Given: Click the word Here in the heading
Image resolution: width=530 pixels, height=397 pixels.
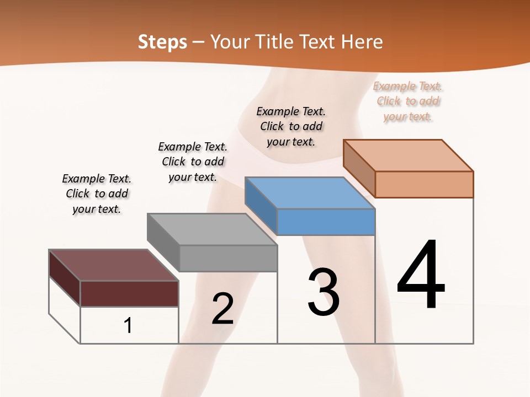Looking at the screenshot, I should (x=362, y=42).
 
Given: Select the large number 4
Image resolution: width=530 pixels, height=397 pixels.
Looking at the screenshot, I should (x=421, y=276).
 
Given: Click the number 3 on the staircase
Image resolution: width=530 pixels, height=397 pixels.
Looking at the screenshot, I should (x=324, y=292).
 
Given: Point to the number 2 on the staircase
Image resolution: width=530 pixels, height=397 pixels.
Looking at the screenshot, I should (x=222, y=309).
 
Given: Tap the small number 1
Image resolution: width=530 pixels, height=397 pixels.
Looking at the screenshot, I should (x=128, y=325).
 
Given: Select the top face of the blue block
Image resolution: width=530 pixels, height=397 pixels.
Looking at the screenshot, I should (x=310, y=193).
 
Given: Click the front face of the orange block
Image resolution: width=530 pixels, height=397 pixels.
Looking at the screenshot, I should (x=424, y=184).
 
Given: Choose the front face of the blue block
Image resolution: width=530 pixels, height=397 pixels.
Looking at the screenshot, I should (x=326, y=222).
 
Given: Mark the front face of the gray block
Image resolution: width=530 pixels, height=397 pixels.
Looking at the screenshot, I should (x=228, y=258).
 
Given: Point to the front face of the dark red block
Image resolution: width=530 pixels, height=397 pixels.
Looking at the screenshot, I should (x=129, y=293).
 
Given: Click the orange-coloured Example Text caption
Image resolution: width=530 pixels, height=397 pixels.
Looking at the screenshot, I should (x=408, y=101).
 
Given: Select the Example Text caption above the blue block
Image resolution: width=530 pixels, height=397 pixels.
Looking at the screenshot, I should (x=291, y=126).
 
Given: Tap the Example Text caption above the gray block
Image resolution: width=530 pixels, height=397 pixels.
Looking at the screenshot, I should (x=193, y=162).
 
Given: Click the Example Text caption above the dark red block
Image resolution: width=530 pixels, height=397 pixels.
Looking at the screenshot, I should (x=97, y=194).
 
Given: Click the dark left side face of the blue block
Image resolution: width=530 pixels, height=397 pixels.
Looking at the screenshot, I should (x=261, y=204).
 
